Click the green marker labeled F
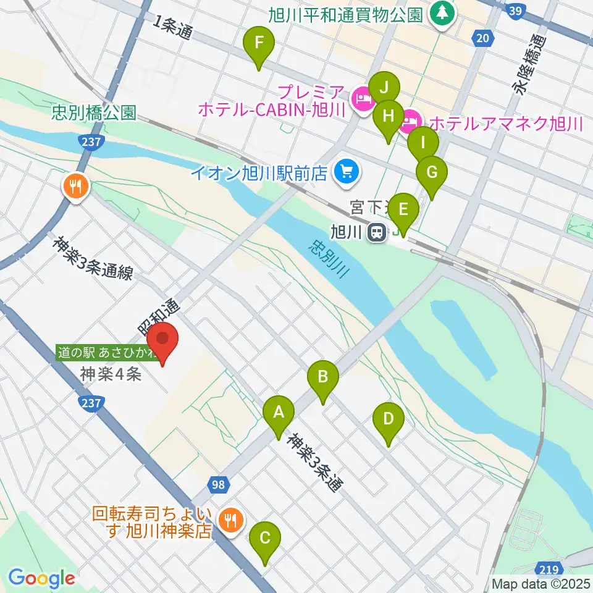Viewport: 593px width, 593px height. pyautogui.click(x=259, y=44)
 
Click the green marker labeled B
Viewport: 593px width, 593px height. pyautogui.click(x=322, y=376)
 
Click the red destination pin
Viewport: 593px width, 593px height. pyautogui.click(x=162, y=340)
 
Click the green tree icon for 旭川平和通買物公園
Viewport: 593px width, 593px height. pyautogui.click(x=442, y=14)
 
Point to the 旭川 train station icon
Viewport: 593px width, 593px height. pyautogui.click(x=375, y=232)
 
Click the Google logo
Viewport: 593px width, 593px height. pyautogui.click(x=41, y=578)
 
